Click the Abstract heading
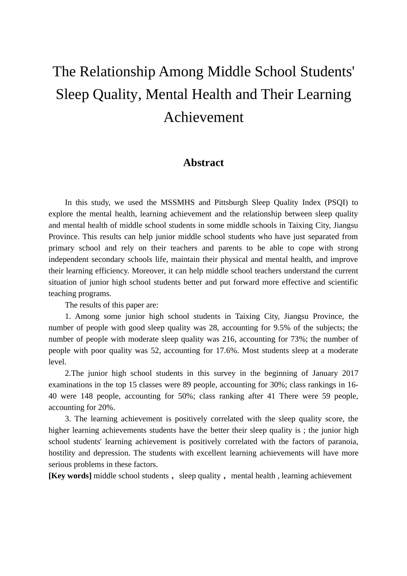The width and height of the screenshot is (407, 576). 203,163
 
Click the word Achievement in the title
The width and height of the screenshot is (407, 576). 203,117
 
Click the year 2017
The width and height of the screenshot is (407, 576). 349,373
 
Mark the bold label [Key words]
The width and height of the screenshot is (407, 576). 70,476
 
